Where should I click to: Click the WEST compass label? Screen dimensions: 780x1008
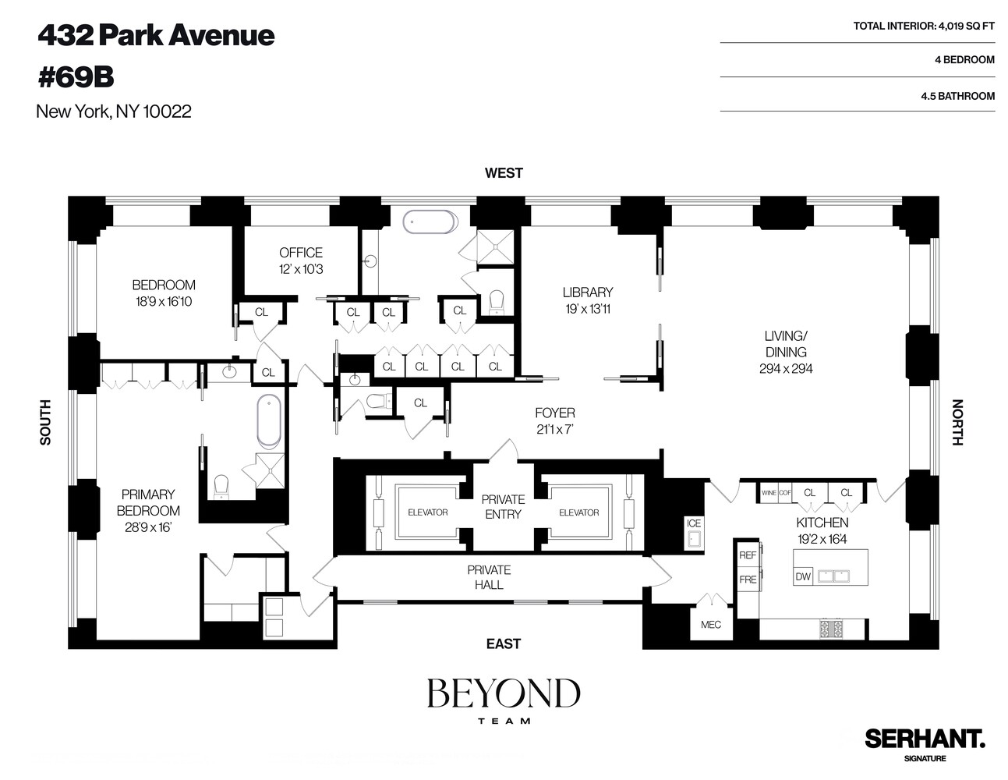coord(504,173)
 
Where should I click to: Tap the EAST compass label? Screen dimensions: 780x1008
coord(504,643)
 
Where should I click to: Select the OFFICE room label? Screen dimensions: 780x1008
coord(301,253)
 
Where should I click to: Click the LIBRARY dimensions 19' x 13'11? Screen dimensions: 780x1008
coord(588,309)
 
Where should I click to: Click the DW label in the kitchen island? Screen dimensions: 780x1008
coord(803,577)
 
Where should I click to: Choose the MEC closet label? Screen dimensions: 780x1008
coord(711,624)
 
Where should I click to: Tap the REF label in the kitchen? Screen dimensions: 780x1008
coord(748,555)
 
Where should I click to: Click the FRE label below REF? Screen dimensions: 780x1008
coord(748,580)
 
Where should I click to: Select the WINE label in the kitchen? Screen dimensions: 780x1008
coord(769,493)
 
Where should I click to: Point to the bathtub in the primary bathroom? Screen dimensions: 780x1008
coord(269,421)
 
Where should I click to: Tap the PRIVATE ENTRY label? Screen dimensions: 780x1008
coord(504,506)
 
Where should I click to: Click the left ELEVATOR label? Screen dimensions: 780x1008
coord(428,512)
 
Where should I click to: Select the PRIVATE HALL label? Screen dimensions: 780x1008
coord(489,577)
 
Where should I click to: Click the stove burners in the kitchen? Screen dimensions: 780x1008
coord(831,628)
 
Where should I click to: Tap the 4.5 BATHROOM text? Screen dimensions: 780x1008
coord(957,96)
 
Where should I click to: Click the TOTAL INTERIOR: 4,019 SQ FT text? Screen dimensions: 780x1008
coord(924,26)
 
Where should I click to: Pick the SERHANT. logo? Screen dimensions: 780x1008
coord(925,738)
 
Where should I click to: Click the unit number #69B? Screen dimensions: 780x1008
coord(76,77)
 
